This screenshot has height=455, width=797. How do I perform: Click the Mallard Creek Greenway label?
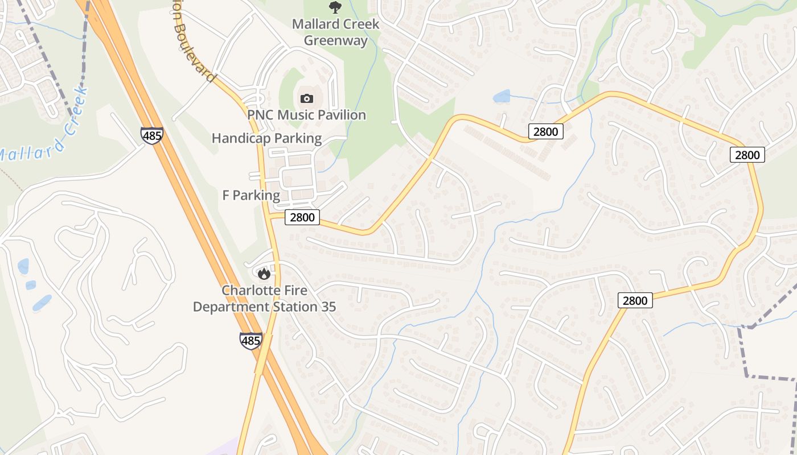[335, 32]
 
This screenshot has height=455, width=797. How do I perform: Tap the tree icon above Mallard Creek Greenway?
[335, 7]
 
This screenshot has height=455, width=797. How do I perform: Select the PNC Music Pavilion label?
[306, 115]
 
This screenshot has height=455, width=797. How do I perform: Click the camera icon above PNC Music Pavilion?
[306, 98]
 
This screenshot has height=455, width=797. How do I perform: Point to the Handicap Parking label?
[266, 138]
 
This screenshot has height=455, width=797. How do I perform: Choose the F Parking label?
[251, 196]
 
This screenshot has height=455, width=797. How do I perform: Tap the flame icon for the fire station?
[264, 274]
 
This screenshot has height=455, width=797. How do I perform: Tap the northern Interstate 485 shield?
[152, 135]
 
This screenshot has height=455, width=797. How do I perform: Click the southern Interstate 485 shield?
[250, 341]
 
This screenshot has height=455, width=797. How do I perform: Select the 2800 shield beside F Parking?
[302, 217]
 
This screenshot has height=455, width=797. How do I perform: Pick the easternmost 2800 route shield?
[747, 155]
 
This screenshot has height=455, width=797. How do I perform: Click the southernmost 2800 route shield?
[635, 300]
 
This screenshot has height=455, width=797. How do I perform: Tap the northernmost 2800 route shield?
[546, 132]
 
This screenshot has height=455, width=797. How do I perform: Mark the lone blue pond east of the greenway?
[502, 96]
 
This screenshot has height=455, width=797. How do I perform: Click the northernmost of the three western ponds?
[23, 266]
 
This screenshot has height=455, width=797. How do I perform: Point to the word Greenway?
[335, 40]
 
